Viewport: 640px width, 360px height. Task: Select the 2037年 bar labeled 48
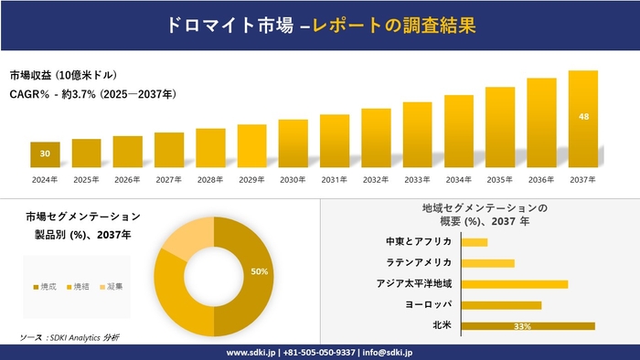click(582, 119)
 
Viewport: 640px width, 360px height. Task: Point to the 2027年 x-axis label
click(169, 180)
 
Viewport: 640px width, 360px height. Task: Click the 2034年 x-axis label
click(458, 180)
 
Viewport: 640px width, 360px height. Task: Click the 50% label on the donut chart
click(259, 271)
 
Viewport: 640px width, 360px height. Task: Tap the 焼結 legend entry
click(80, 287)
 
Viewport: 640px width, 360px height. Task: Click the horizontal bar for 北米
click(528, 325)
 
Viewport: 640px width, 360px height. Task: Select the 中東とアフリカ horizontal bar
click(475, 242)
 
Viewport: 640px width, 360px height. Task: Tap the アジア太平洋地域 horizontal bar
click(515, 283)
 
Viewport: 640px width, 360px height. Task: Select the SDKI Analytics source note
click(69, 337)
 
